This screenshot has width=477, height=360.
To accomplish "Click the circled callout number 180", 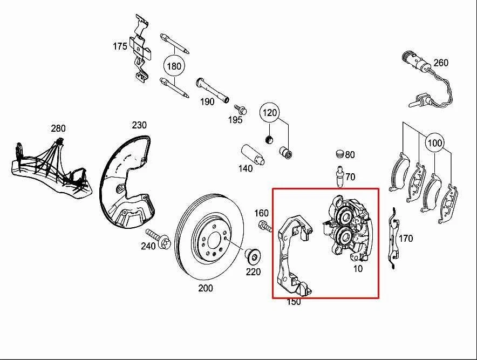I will (174, 66).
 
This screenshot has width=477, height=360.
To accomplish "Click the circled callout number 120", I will (270, 113).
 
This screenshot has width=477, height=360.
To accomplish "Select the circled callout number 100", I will (435, 144).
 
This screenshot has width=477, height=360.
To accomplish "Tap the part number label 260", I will (441, 63).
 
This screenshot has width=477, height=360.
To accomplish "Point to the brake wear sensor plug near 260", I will (411, 59).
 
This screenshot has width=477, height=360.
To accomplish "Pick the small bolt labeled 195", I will (242, 110).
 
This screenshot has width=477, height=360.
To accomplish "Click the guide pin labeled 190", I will (214, 90).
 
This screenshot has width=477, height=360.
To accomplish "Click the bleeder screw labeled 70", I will (339, 177).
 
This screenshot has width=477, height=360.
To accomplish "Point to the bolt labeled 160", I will (265, 226).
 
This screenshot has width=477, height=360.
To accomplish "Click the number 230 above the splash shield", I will (139, 125).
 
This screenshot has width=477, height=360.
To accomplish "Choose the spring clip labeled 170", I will (393, 238).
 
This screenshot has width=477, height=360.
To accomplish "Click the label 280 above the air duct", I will (58, 128).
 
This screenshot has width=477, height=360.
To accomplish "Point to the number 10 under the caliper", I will (358, 268).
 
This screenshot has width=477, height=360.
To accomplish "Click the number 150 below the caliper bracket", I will (294, 301).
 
